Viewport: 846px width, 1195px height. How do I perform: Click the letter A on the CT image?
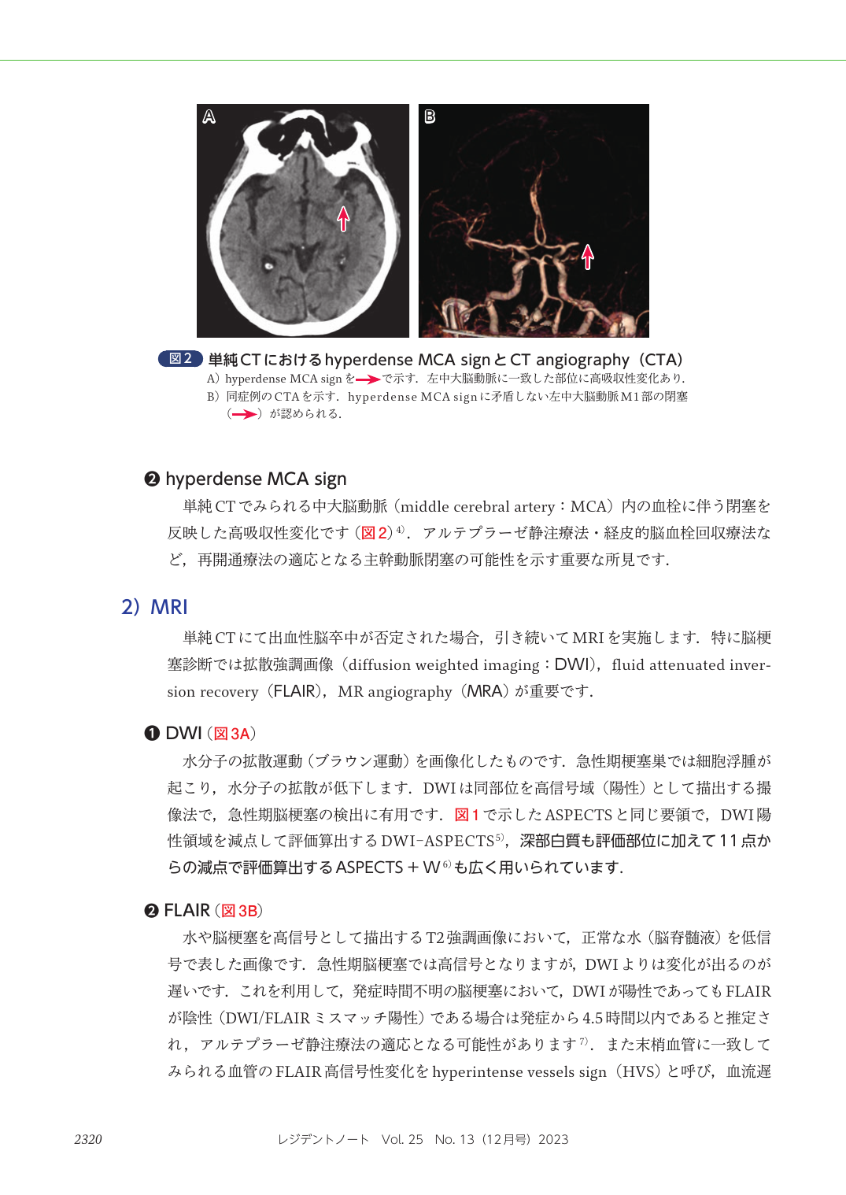[209, 117]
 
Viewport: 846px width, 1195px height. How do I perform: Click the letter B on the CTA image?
[430, 117]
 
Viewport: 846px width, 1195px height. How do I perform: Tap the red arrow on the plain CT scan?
[343, 218]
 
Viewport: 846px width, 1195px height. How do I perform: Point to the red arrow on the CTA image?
[588, 256]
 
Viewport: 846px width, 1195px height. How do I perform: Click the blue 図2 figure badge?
[180, 359]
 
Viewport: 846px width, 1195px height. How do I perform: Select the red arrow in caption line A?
[368, 379]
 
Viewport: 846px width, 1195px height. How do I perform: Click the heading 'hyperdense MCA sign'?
[256, 479]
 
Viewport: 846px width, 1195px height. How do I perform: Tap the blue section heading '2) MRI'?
[155, 607]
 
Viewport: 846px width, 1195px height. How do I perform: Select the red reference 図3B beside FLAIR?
[239, 911]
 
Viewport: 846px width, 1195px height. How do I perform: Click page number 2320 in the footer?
[88, 1139]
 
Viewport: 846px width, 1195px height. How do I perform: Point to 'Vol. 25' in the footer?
[402, 1139]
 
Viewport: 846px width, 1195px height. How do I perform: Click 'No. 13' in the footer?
[454, 1139]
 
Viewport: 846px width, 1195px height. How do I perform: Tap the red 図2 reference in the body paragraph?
[375, 533]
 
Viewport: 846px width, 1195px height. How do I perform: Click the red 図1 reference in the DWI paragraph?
[467, 815]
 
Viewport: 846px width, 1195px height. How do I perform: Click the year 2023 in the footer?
[553, 1139]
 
